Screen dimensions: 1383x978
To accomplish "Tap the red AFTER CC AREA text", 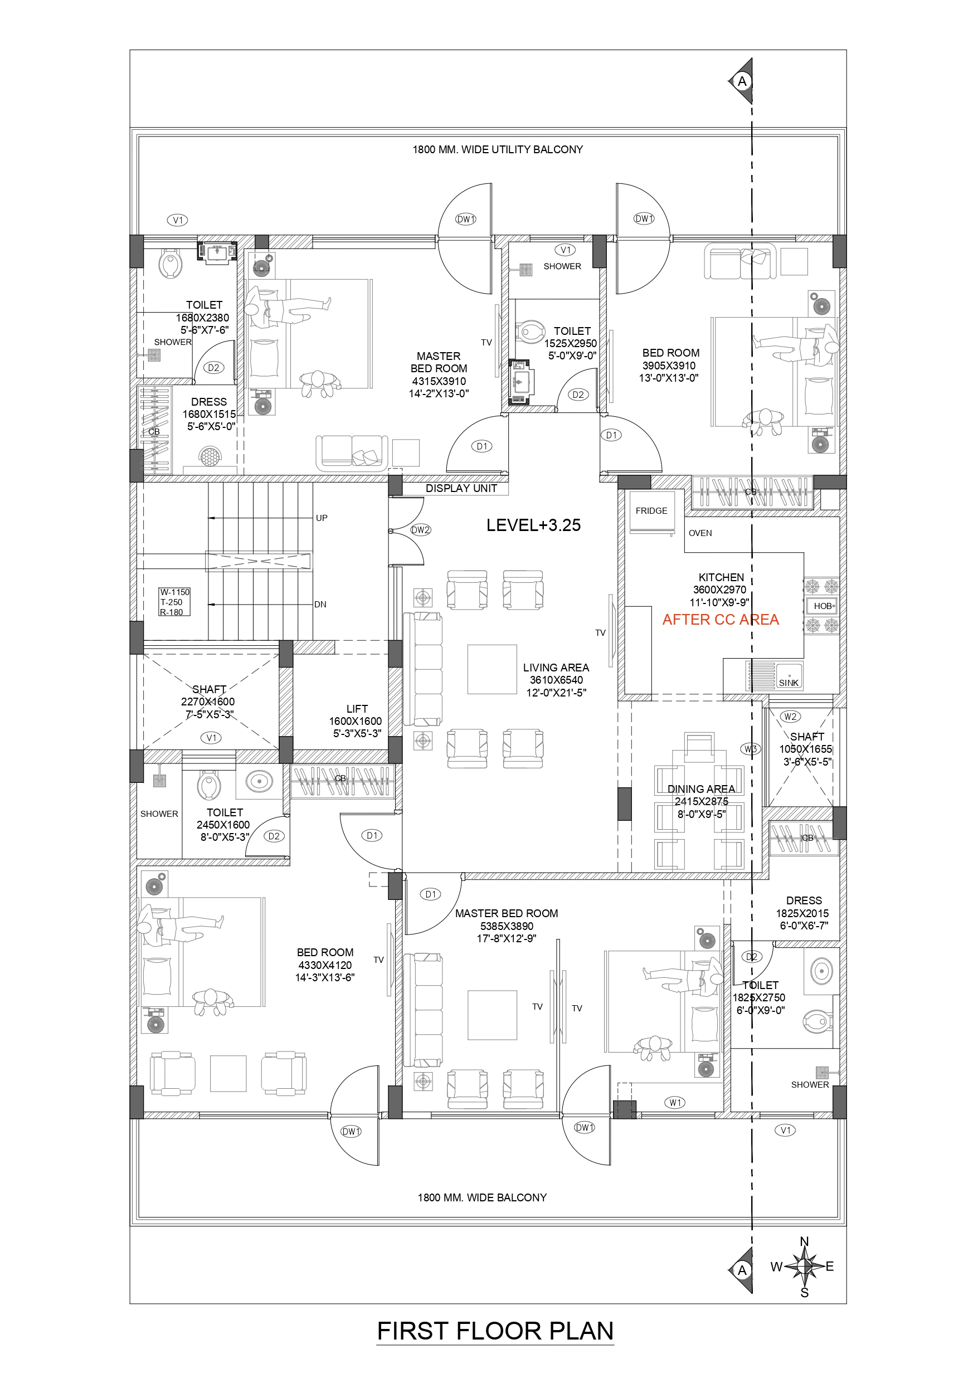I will click(x=720, y=619).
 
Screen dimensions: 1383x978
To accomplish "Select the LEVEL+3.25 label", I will click(x=533, y=525).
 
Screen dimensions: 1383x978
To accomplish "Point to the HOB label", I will click(x=822, y=606).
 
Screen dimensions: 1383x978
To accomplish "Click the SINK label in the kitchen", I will click(x=788, y=683).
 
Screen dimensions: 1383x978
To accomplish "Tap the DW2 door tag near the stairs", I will click(x=420, y=530).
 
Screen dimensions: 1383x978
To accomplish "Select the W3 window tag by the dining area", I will click(x=750, y=749).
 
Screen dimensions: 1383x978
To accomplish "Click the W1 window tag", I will click(x=675, y=1102).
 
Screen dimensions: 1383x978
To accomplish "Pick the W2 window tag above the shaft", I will click(x=790, y=716).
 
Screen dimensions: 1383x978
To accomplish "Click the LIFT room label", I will click(x=356, y=709).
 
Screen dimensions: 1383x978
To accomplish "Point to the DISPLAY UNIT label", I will click(x=461, y=489).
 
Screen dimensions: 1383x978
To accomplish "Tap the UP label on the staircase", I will click(x=322, y=518).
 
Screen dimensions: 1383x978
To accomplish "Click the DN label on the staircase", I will click(x=320, y=604).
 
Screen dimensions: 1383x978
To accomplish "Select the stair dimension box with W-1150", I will click(x=174, y=602).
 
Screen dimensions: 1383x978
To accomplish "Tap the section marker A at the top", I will click(x=742, y=81).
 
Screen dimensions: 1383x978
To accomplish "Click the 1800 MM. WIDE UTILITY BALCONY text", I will click(x=497, y=149).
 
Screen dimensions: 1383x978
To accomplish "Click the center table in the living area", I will click(x=492, y=669).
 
